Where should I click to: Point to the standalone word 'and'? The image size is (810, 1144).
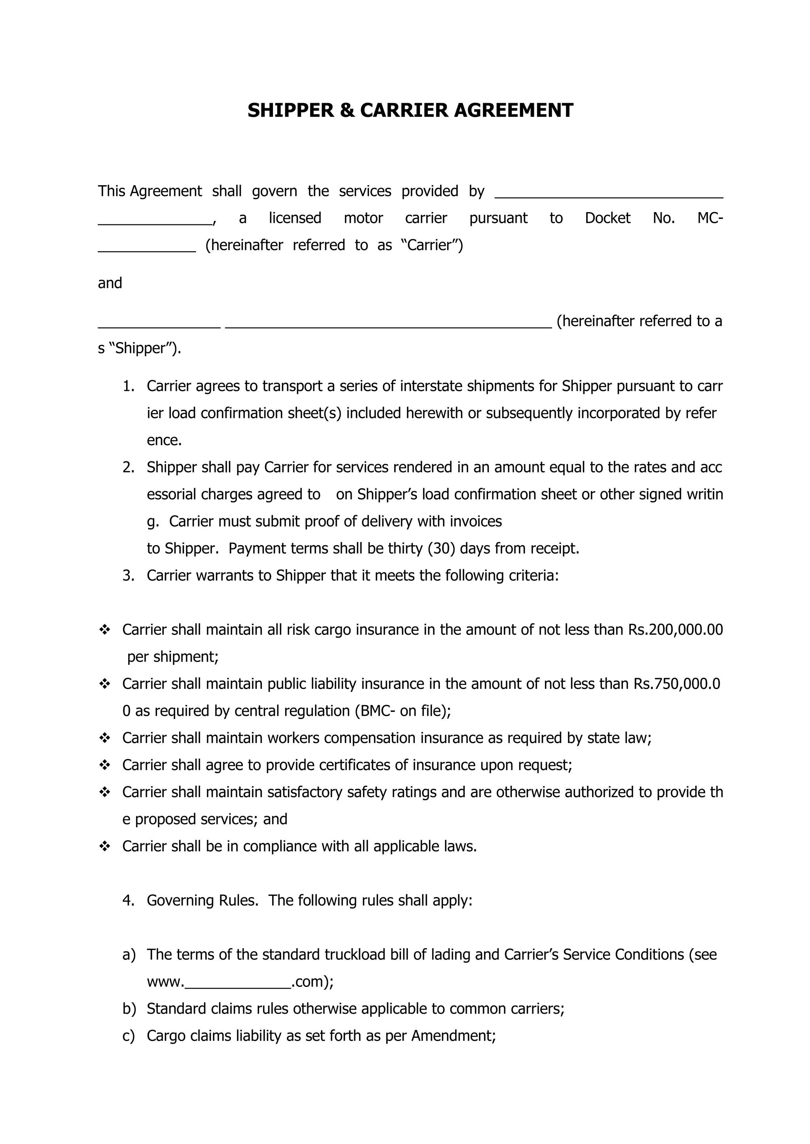coord(110,283)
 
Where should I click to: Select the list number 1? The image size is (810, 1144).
coord(128,386)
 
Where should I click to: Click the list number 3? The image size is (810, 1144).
coord(128,576)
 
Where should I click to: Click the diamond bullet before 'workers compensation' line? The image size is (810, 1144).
coord(105,738)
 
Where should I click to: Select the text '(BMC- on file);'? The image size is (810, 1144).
coord(403,711)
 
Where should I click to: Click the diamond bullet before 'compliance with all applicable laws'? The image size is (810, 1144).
coord(105,847)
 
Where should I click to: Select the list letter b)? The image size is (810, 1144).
coord(129,1009)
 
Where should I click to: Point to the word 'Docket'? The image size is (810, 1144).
coord(607,218)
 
